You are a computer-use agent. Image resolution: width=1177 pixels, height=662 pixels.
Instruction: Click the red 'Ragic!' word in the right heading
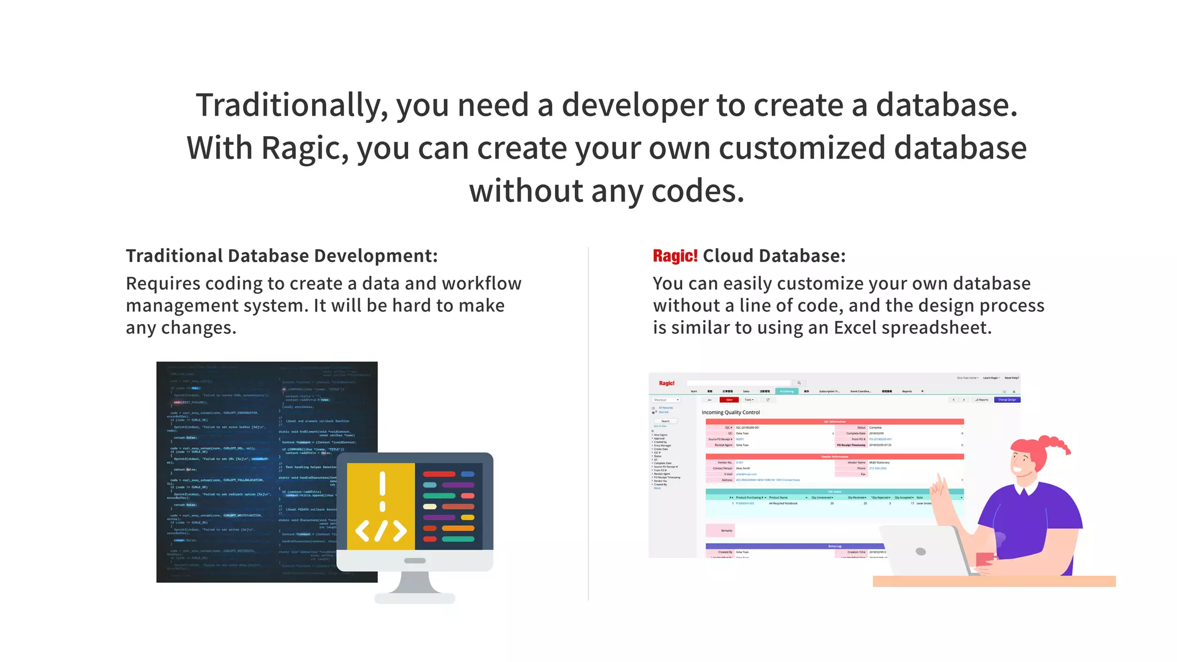pyautogui.click(x=675, y=256)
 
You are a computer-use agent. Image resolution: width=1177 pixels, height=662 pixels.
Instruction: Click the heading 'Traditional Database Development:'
pyautogui.click(x=282, y=256)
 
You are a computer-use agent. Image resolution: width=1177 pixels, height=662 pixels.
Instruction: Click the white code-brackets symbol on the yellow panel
pyautogui.click(x=380, y=530)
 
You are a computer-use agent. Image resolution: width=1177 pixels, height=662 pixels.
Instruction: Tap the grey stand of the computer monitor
pyautogui.click(x=415, y=583)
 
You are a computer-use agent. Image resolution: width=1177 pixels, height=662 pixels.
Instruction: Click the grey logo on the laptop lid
pyautogui.click(x=921, y=552)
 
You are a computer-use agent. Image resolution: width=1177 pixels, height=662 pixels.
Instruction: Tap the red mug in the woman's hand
pyautogui.click(x=984, y=559)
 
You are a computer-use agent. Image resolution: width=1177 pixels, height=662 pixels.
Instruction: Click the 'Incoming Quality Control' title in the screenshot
pyautogui.click(x=730, y=413)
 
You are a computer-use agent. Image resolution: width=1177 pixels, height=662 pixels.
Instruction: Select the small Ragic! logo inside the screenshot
pyautogui.click(x=667, y=383)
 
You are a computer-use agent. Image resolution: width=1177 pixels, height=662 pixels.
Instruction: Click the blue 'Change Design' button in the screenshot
pyautogui.click(x=1007, y=399)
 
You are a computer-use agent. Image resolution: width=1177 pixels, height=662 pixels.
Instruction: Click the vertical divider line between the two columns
pyautogui.click(x=588, y=425)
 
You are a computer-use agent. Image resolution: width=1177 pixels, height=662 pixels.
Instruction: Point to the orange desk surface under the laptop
pyautogui.click(x=994, y=581)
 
